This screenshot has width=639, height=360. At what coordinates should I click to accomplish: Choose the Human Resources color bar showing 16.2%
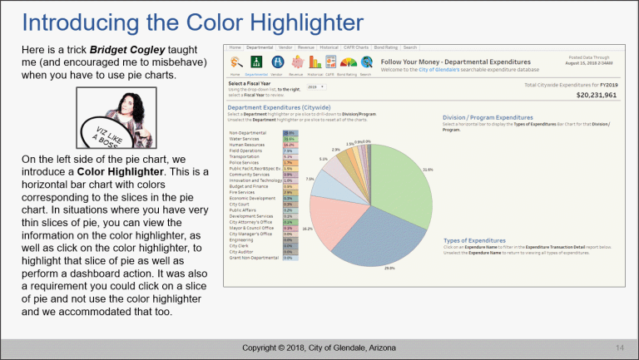click(x=289, y=145)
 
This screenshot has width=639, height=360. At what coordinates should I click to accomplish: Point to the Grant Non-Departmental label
click(x=255, y=259)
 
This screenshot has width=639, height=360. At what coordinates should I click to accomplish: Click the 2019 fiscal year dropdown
click(x=316, y=86)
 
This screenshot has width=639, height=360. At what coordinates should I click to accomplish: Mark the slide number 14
click(x=620, y=347)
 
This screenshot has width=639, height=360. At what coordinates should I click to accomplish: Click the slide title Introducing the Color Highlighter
click(x=191, y=20)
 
